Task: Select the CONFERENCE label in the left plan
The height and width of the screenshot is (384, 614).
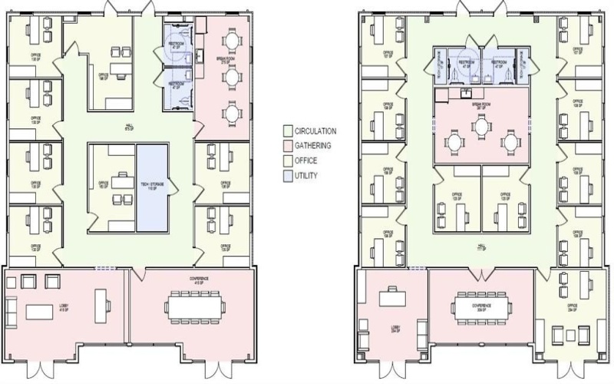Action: click(x=193, y=277)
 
